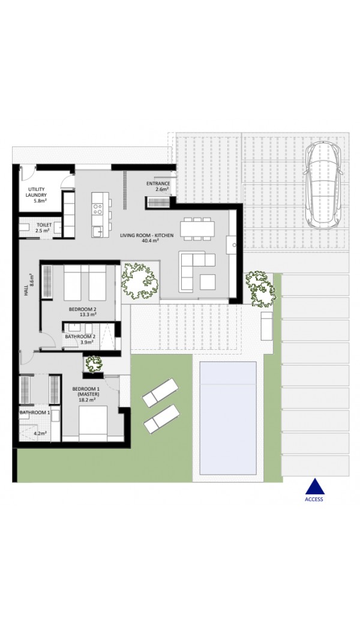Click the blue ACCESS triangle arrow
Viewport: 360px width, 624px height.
pos(314,487)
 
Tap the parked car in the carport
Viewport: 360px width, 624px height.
pos(323,185)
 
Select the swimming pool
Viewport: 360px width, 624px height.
pos(228,418)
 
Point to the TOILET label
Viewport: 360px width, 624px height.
pos(44,225)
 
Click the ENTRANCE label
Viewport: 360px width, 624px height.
pos(158,184)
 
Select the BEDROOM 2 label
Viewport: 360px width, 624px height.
pos(82,309)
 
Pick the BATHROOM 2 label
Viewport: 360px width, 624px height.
pos(80,336)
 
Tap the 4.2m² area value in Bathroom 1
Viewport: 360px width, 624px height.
pos(40,433)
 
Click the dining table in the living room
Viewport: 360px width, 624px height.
pos(197,229)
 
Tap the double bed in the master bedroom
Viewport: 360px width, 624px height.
pos(93,424)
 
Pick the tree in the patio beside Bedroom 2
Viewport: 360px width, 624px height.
pos(139,281)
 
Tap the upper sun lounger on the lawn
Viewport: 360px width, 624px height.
pos(160,393)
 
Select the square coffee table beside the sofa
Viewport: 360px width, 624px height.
pos(208,282)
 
